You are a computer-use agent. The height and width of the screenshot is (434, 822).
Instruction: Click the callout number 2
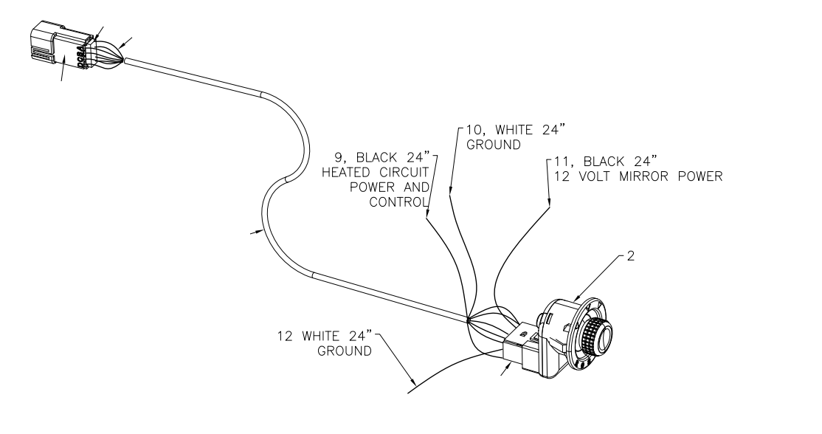click(632, 259)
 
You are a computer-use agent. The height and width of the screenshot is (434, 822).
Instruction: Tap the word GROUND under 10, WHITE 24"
click(489, 144)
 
